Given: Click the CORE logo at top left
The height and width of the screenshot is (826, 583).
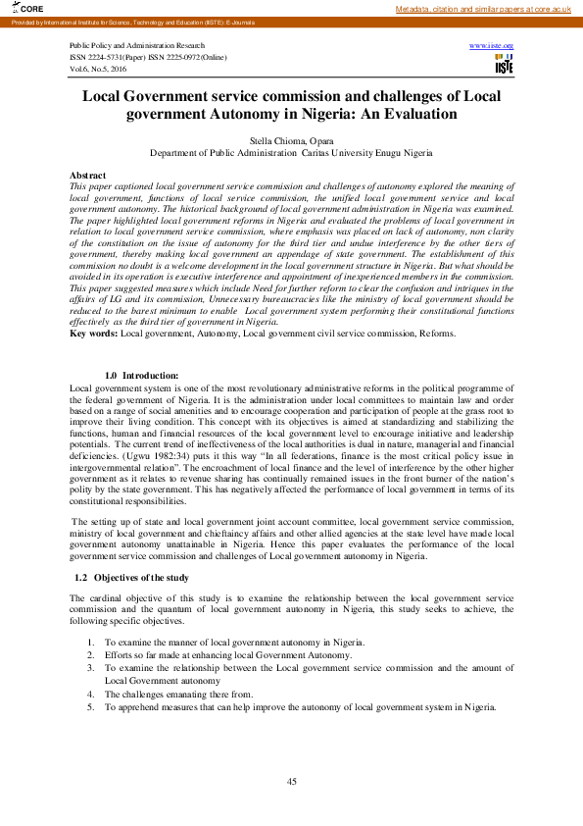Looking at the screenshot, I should tap(17, 9).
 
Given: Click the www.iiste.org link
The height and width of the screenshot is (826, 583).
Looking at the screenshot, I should tap(492, 46).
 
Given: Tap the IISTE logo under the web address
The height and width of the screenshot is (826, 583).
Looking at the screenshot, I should tap(504, 65).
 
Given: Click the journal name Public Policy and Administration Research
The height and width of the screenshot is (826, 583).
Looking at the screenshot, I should tap(137, 46).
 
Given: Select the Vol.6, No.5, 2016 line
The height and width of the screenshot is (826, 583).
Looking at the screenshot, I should tap(98, 69).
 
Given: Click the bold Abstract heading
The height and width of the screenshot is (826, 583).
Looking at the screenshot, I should tap(88, 175).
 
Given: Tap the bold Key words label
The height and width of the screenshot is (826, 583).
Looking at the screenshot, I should tap(94, 334).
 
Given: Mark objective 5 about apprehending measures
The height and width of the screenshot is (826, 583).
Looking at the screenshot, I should tap(299, 706).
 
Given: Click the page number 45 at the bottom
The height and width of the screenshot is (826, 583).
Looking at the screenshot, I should tap(291, 781).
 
